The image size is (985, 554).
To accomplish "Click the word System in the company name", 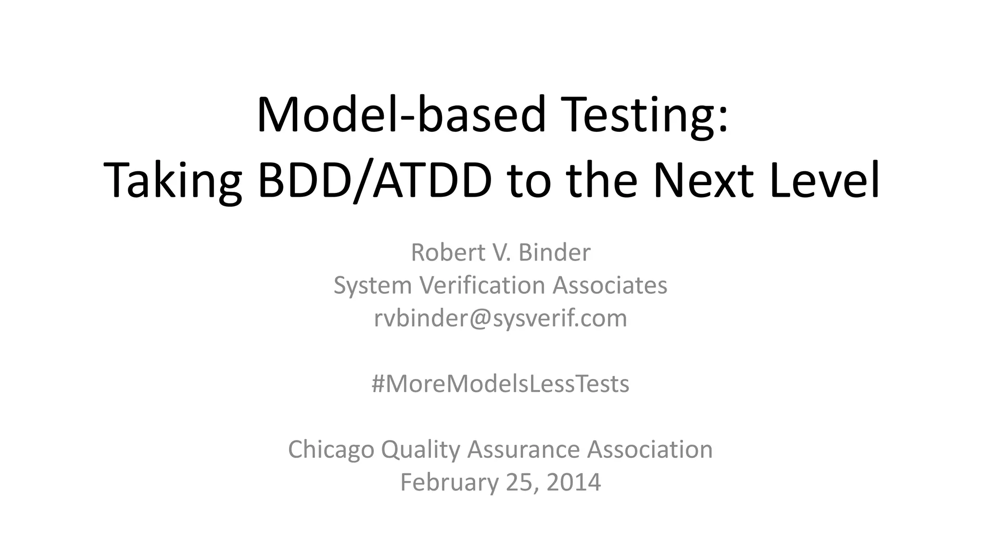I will (373, 285).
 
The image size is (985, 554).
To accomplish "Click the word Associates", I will (609, 285).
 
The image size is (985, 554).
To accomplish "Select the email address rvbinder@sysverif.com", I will (500, 318).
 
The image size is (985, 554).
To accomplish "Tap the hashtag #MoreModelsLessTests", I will (500, 384).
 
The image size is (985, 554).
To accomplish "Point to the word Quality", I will (420, 450).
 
